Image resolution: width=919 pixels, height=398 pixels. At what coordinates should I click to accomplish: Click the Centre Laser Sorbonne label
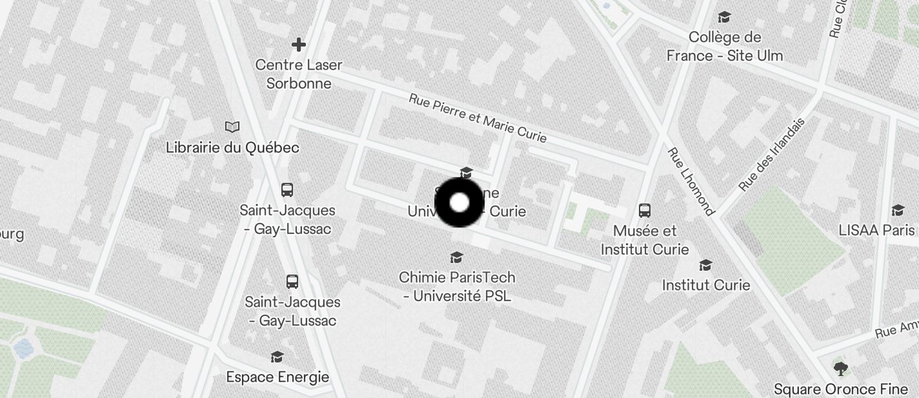[299, 74]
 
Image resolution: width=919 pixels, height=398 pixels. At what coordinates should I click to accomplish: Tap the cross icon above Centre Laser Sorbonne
[298, 45]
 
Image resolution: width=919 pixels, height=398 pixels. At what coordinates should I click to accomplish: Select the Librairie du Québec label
[232, 147]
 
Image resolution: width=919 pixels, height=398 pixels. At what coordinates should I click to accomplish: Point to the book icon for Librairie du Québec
[232, 127]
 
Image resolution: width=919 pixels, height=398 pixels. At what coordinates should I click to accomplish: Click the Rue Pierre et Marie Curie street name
[478, 118]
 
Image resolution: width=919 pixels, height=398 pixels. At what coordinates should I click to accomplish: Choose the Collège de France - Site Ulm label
[724, 47]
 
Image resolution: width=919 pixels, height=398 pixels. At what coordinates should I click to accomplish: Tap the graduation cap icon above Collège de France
[724, 17]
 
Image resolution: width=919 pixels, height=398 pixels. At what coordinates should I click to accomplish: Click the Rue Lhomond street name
[691, 182]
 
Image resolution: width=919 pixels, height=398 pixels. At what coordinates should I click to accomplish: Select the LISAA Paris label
[876, 230]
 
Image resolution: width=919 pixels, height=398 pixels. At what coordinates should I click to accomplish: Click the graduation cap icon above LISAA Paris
[897, 210]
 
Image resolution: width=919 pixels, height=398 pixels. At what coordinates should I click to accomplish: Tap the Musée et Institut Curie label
[645, 240]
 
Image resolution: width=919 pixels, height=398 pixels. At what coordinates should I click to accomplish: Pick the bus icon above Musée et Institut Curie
[644, 210]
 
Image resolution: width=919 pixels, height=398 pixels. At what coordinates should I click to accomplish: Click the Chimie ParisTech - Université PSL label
[457, 286]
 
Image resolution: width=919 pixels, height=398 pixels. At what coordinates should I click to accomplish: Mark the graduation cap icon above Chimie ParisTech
[457, 258]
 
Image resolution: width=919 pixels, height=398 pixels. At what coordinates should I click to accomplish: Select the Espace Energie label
[278, 377]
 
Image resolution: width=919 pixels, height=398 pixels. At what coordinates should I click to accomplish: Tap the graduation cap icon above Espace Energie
[277, 357]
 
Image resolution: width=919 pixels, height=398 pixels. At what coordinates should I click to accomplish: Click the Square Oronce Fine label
[840, 389]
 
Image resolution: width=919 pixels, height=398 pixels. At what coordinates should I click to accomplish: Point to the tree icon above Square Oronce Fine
[840, 369]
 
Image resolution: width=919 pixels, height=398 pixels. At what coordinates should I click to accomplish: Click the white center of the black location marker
[459, 203]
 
